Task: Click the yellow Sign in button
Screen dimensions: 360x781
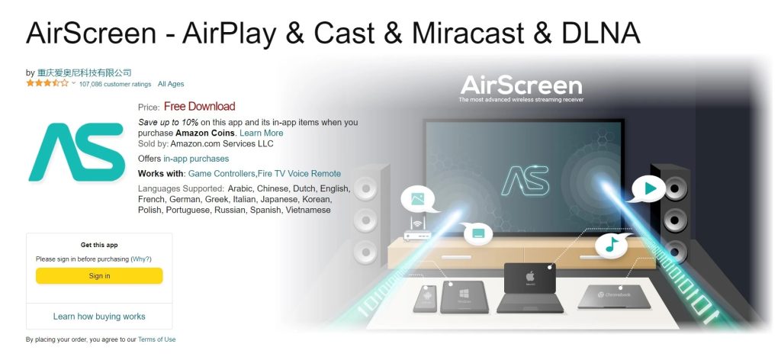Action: [99, 276]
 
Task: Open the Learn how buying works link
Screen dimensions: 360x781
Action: [99, 316]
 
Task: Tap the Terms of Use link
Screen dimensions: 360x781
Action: [156, 339]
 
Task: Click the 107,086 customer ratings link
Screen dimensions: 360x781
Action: [114, 84]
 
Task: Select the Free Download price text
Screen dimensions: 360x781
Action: [199, 107]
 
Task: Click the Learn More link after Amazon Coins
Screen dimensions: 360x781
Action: [261, 133]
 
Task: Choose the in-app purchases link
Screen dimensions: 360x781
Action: [196, 159]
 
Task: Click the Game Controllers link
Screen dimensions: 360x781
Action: [221, 174]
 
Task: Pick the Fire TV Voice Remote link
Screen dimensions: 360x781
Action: [300, 174]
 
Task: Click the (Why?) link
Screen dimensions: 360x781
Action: [141, 259]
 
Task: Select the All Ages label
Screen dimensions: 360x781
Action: [171, 84]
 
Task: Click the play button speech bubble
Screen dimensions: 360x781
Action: [649, 188]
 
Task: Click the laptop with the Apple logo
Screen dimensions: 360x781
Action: [530, 287]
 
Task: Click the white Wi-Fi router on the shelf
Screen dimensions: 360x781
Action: [416, 233]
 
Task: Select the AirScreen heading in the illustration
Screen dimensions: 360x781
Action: [521, 85]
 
